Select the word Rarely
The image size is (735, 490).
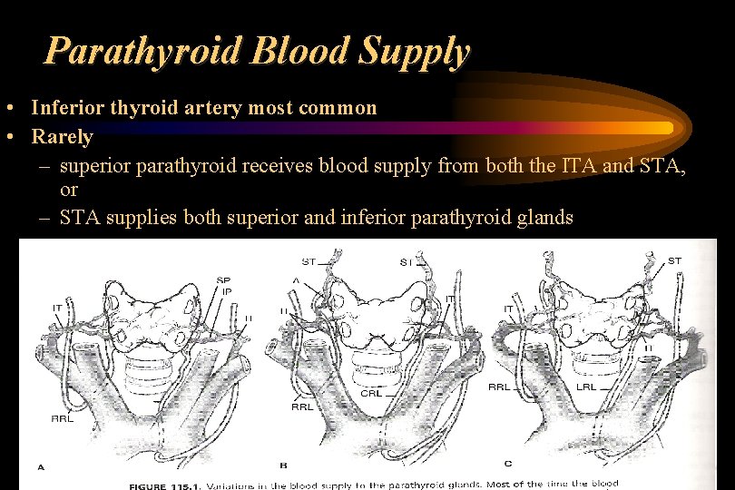[62, 137]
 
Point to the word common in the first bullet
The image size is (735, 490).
[340, 108]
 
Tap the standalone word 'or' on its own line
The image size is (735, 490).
[69, 191]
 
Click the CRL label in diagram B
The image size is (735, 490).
[371, 393]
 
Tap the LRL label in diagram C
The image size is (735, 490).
[587, 387]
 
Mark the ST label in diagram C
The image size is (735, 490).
[674, 261]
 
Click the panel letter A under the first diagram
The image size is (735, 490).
[41, 466]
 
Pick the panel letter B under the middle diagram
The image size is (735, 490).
[283, 465]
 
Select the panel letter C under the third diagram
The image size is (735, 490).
[508, 465]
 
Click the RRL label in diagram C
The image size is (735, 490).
[499, 387]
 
